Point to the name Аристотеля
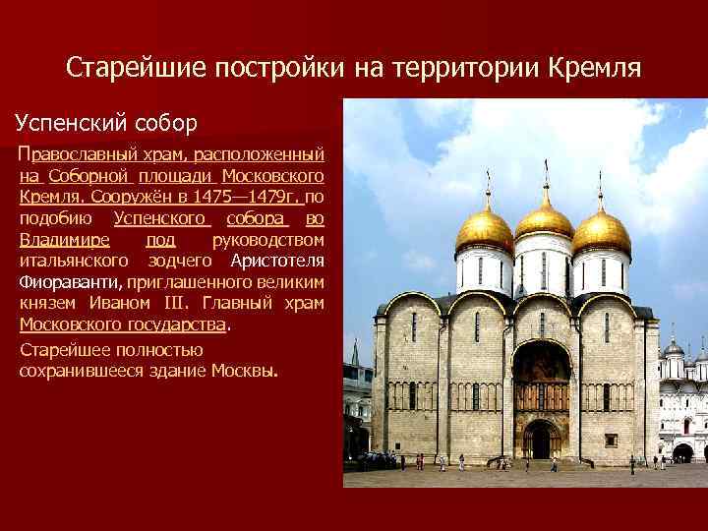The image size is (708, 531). (277, 261)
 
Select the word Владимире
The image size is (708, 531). (65, 239)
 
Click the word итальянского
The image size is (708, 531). (74, 261)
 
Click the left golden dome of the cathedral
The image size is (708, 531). (485, 231)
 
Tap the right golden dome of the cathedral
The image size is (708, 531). (602, 231)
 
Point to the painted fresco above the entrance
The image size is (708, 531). (541, 369)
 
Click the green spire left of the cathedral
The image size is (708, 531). (355, 352)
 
